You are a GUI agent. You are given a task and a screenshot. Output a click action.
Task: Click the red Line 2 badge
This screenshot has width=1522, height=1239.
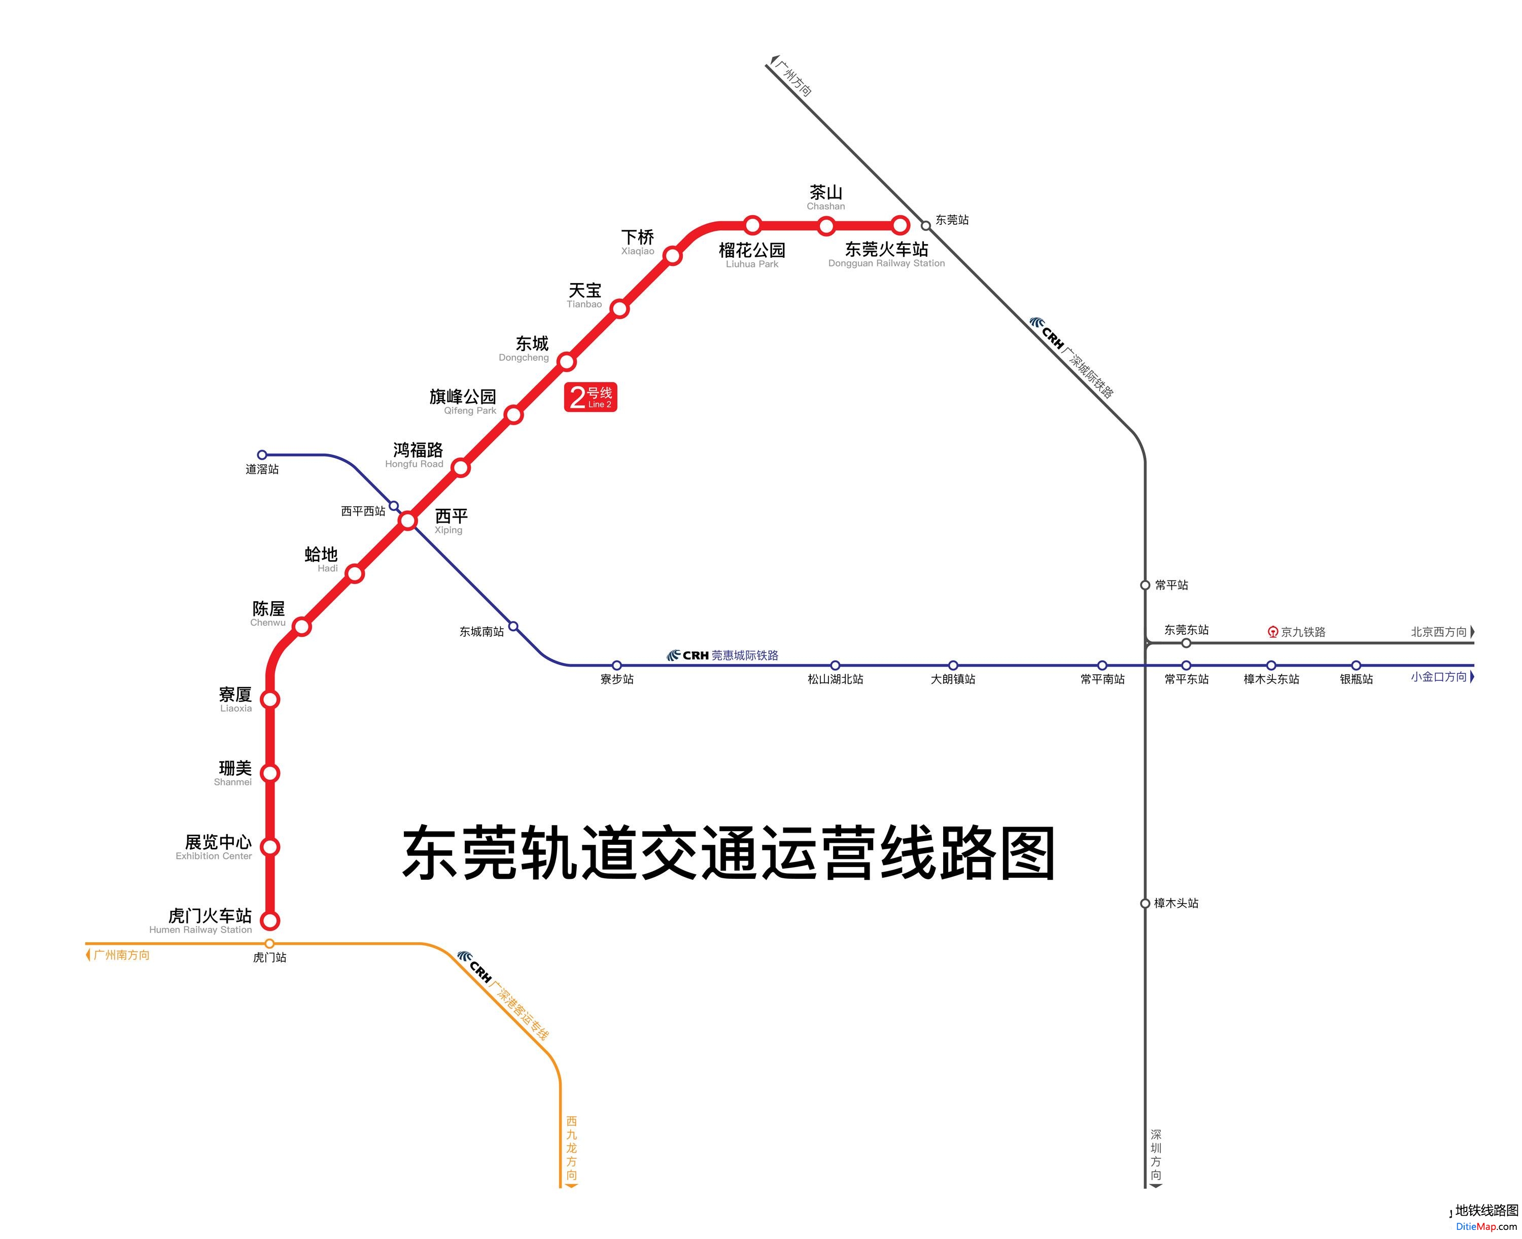[590, 397]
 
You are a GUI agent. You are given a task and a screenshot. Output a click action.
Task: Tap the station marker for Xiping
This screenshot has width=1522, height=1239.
[407, 520]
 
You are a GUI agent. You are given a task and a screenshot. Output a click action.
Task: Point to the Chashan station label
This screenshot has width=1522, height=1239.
[825, 198]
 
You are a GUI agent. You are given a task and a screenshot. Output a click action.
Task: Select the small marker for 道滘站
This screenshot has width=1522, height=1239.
[262, 455]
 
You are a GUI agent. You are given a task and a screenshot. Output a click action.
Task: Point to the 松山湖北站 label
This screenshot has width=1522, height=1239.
[835, 679]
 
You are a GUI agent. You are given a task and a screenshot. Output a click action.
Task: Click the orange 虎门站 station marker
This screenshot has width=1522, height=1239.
[270, 944]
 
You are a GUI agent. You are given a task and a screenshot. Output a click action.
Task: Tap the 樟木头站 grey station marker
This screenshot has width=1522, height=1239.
[1145, 904]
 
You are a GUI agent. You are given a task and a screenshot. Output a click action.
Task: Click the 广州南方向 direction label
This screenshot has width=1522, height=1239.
[121, 955]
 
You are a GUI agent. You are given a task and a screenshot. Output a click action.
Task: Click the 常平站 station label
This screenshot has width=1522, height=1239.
[1171, 585]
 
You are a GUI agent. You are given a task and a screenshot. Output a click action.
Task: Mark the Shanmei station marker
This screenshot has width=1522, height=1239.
[270, 773]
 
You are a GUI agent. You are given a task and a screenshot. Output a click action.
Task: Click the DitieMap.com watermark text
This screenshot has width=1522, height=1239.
[1486, 1227]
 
